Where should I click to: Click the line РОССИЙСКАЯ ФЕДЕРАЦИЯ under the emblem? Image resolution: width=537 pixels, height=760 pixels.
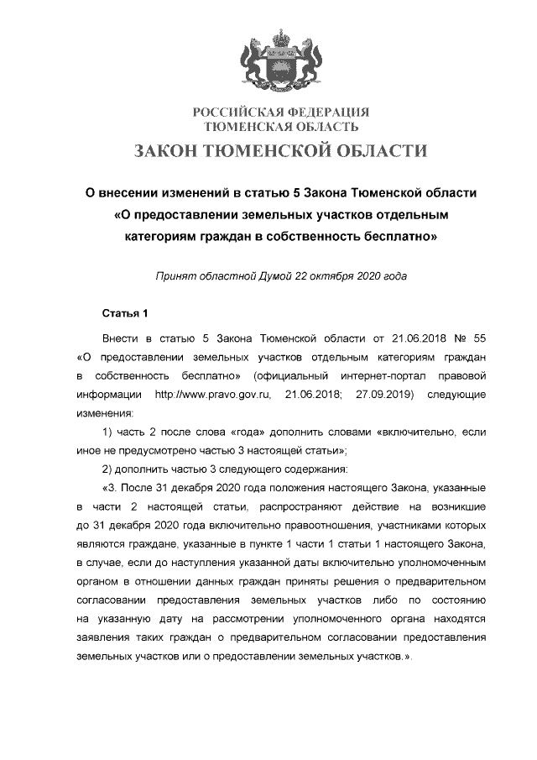click(281, 113)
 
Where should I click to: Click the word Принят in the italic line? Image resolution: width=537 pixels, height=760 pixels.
click(175, 276)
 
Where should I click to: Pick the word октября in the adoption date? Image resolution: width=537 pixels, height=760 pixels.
click(323, 276)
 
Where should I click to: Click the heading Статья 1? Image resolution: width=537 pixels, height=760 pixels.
click(124, 315)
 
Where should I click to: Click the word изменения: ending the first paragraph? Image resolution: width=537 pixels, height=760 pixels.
click(104, 413)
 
